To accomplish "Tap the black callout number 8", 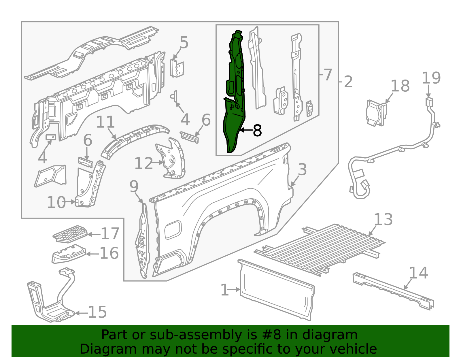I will (257, 131).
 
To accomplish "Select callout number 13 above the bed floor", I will (383, 220).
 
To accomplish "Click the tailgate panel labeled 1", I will (277, 290).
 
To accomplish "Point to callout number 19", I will (431, 78).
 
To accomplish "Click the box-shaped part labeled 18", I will (376, 113).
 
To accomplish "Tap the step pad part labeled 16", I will (69, 254).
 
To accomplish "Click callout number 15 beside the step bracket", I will (97, 312).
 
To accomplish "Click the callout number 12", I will (144, 164).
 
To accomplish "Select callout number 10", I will (56, 202).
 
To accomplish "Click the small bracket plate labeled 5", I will (177, 68).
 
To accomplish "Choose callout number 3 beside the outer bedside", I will (302, 169).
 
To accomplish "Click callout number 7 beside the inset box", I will (328, 75).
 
